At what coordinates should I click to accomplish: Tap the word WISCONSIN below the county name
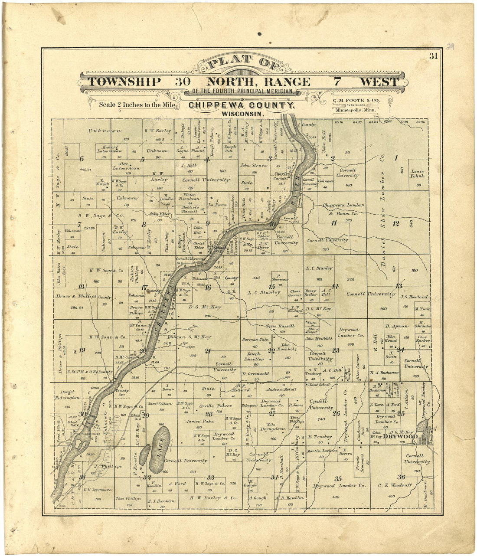point(242,113)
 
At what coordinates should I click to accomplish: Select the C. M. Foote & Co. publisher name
point(356,101)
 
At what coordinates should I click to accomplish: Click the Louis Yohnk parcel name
point(417,173)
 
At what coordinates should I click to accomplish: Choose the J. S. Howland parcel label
point(414,297)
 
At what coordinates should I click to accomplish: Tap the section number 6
point(81,158)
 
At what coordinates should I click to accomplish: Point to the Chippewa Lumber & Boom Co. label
point(343,209)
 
